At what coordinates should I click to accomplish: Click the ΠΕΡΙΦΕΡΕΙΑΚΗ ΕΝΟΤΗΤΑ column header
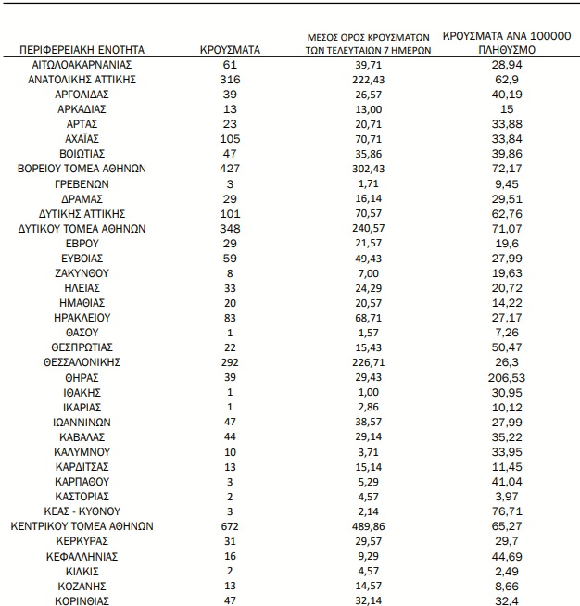(x=82, y=50)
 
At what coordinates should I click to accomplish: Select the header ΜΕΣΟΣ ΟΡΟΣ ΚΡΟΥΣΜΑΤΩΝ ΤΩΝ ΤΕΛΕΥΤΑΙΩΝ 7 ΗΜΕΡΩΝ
(x=370, y=44)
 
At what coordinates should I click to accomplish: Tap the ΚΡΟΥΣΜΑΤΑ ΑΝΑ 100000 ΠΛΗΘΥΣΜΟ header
(x=505, y=43)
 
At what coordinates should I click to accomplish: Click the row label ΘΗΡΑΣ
(x=82, y=377)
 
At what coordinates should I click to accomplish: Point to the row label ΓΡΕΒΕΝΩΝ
(x=82, y=183)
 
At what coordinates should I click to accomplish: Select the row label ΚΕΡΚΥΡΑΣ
(x=82, y=540)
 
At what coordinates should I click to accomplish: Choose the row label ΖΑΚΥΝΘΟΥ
(x=82, y=273)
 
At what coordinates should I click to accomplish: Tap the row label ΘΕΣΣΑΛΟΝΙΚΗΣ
(x=82, y=361)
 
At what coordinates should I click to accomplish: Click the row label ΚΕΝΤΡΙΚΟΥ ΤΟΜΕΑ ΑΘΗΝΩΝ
(x=82, y=525)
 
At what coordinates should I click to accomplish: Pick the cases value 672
(x=231, y=525)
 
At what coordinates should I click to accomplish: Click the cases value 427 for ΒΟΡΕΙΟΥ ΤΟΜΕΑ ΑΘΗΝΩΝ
(x=231, y=169)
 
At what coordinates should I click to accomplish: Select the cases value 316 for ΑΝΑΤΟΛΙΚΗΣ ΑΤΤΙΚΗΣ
(x=231, y=80)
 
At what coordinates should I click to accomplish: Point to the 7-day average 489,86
(x=370, y=525)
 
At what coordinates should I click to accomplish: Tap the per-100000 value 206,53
(x=505, y=377)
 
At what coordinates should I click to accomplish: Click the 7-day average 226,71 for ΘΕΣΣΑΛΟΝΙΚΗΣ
(x=370, y=361)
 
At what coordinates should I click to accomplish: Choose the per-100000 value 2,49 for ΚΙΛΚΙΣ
(x=505, y=570)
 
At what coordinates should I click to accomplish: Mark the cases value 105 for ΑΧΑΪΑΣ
(x=231, y=139)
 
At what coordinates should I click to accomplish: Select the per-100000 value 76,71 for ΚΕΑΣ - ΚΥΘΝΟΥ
(x=505, y=511)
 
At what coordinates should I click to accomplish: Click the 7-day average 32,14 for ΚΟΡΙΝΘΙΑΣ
(x=370, y=600)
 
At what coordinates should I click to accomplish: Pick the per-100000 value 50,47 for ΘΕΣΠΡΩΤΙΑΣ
(x=505, y=347)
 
